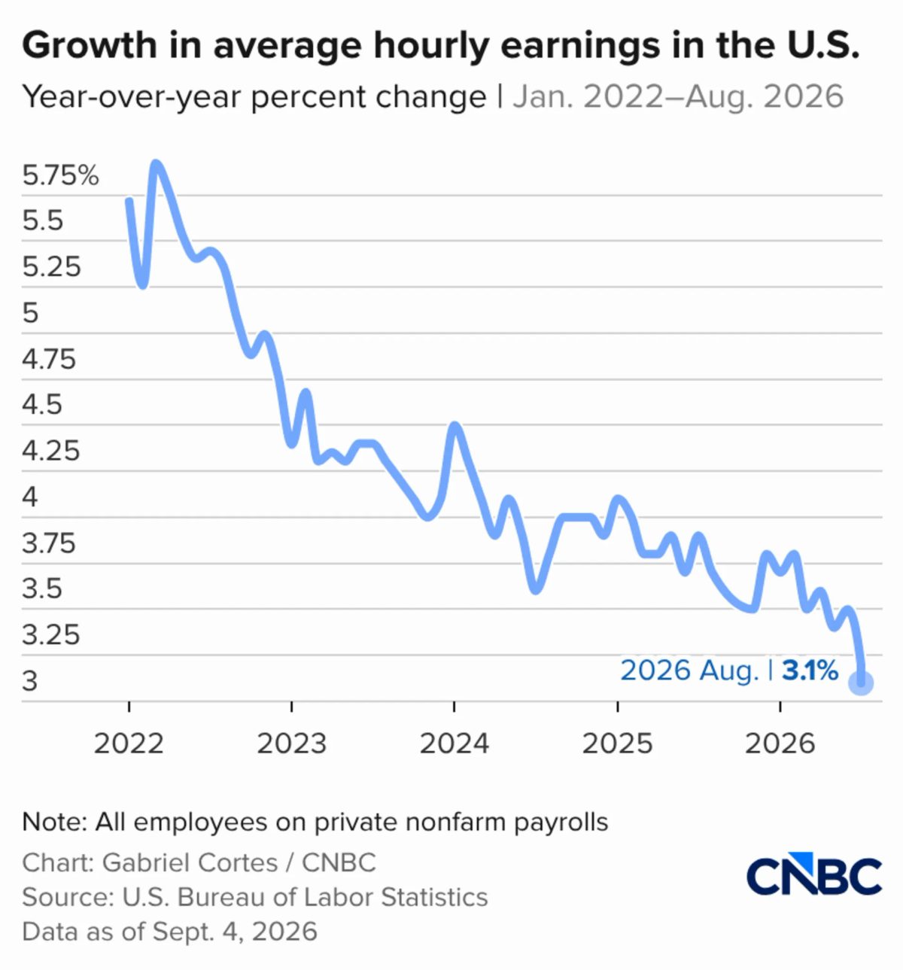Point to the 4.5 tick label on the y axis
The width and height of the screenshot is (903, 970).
tap(42, 405)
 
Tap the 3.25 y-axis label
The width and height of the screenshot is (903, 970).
tap(50, 634)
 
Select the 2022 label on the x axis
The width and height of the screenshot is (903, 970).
tap(129, 743)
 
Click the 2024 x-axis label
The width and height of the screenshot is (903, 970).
tap(455, 743)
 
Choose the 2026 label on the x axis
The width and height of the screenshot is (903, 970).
tap(780, 743)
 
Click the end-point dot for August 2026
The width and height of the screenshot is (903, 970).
tap(861, 683)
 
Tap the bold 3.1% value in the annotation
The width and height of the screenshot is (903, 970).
tap(810, 670)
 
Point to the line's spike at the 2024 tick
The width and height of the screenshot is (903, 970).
tap(455, 426)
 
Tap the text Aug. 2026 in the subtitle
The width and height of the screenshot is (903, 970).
tap(765, 97)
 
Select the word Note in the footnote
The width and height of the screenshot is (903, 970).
tap(54, 822)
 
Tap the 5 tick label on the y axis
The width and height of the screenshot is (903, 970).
tap(30, 313)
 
